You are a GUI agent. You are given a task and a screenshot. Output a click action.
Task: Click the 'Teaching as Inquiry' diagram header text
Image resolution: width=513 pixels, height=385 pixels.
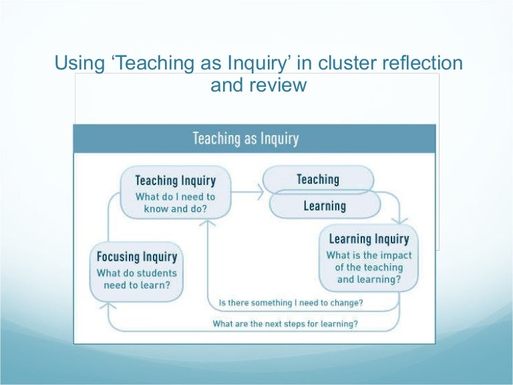tap(245, 138)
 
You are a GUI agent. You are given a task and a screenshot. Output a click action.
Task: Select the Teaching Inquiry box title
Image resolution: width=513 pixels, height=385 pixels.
tap(175, 180)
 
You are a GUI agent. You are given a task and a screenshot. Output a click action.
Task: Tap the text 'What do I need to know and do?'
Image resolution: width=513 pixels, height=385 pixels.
tap(175, 203)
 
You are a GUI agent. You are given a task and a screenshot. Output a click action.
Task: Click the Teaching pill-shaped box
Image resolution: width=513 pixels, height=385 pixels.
tap(318, 179)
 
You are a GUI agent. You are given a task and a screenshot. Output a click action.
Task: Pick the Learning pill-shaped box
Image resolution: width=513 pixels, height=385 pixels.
tap(325, 206)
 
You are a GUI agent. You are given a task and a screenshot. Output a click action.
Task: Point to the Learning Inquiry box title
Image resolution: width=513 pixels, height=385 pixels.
tap(369, 239)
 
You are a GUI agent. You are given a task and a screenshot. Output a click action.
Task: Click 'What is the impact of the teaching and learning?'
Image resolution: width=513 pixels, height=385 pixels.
tap(369, 267)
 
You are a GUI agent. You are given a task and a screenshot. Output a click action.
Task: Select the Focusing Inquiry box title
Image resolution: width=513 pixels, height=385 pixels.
tap(137, 257)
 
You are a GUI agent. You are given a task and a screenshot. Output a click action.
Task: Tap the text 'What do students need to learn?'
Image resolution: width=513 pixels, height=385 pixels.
tap(137, 279)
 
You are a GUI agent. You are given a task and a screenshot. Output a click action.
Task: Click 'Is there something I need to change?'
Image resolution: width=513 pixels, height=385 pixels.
tap(291, 303)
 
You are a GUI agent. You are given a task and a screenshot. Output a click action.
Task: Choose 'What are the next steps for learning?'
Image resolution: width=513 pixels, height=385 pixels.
tap(285, 324)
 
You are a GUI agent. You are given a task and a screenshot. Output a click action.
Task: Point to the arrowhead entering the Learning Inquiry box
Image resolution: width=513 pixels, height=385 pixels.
tap(400, 221)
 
